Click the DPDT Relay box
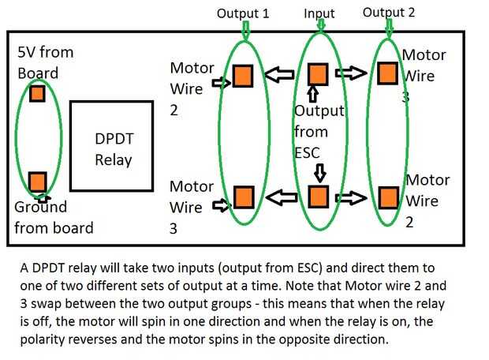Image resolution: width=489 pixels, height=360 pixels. click(x=111, y=147)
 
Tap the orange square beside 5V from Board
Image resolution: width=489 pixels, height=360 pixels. click(x=38, y=94)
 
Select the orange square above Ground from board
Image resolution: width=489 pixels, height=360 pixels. click(x=37, y=182)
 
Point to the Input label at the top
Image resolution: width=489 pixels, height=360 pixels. click(x=319, y=13)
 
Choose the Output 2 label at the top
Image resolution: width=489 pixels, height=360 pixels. click(x=389, y=13)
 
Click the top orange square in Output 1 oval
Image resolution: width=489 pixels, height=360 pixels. click(x=242, y=76)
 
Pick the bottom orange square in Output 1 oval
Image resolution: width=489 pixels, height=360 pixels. click(x=244, y=197)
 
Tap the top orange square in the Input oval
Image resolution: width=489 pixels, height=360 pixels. click(x=317, y=73)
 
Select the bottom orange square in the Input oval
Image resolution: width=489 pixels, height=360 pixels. click(x=319, y=196)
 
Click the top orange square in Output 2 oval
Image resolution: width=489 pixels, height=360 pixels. click(x=386, y=73)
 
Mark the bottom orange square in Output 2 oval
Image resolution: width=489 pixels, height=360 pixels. click(x=387, y=196)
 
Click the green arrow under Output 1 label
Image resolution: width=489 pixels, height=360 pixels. click(x=245, y=29)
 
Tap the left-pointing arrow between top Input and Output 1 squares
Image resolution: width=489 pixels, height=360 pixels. click(x=279, y=75)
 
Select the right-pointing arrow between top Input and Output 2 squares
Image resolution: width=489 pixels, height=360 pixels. click(x=351, y=73)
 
